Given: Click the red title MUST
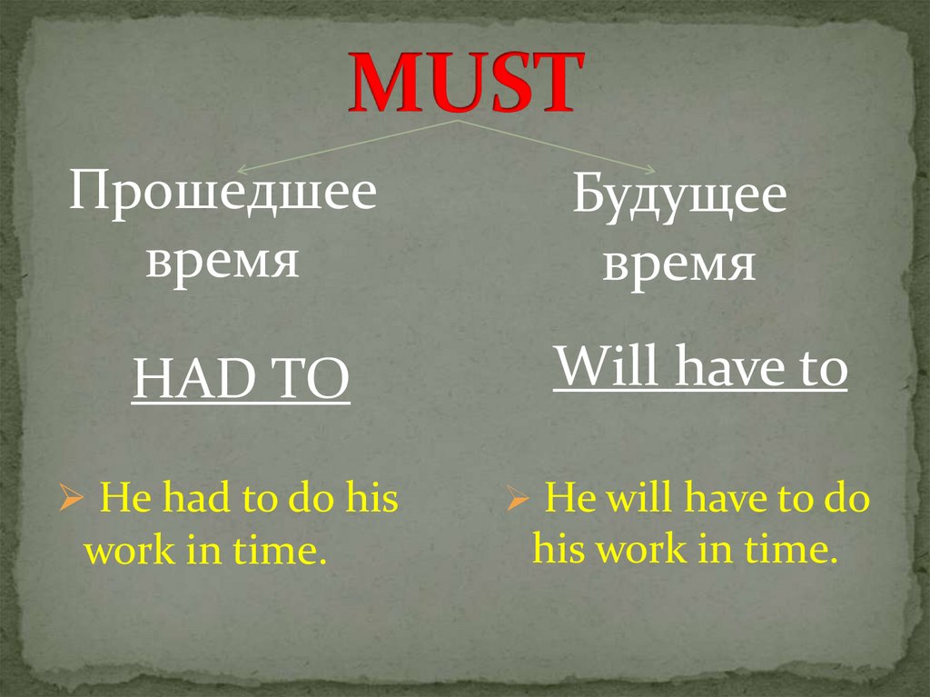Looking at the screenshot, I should pos(464,83).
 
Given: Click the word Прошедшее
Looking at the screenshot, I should pos(223,194).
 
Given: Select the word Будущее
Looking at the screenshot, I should pos(679,198).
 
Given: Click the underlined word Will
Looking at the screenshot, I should pos(594,368).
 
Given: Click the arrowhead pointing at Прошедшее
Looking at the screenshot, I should pos(242,170).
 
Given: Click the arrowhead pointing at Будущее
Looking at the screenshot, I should pos(649,170).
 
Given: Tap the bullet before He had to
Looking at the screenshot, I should pos(71,500).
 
